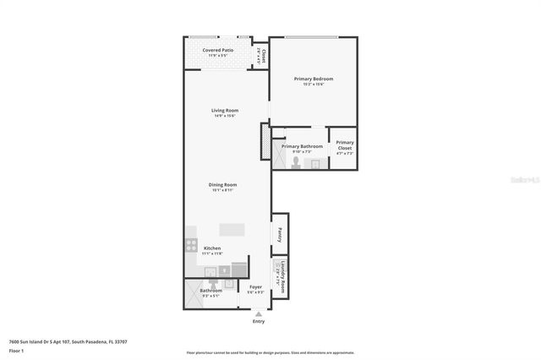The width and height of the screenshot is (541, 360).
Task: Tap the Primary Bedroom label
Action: pos(314,79)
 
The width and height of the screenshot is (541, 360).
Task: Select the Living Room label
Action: pos(224,111)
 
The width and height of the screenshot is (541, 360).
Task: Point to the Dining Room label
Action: pos(223,185)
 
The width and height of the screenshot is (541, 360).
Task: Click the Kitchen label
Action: pos(212,248)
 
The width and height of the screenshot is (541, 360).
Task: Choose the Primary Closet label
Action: pos(345,145)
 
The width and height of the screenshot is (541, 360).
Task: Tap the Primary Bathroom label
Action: pos(302,146)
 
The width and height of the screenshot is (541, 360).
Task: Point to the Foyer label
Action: pos(255,286)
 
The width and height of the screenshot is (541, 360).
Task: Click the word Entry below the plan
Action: pos(259,322)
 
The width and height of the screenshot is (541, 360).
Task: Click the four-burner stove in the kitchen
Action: pos(191,246)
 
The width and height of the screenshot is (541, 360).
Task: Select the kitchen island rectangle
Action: pos(232,229)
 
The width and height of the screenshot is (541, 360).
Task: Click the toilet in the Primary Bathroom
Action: pos(296,161)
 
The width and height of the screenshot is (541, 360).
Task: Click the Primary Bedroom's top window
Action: pos(311,37)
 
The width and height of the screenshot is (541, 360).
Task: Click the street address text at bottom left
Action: pos(68,341)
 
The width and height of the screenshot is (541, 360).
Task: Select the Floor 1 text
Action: pos(17,350)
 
